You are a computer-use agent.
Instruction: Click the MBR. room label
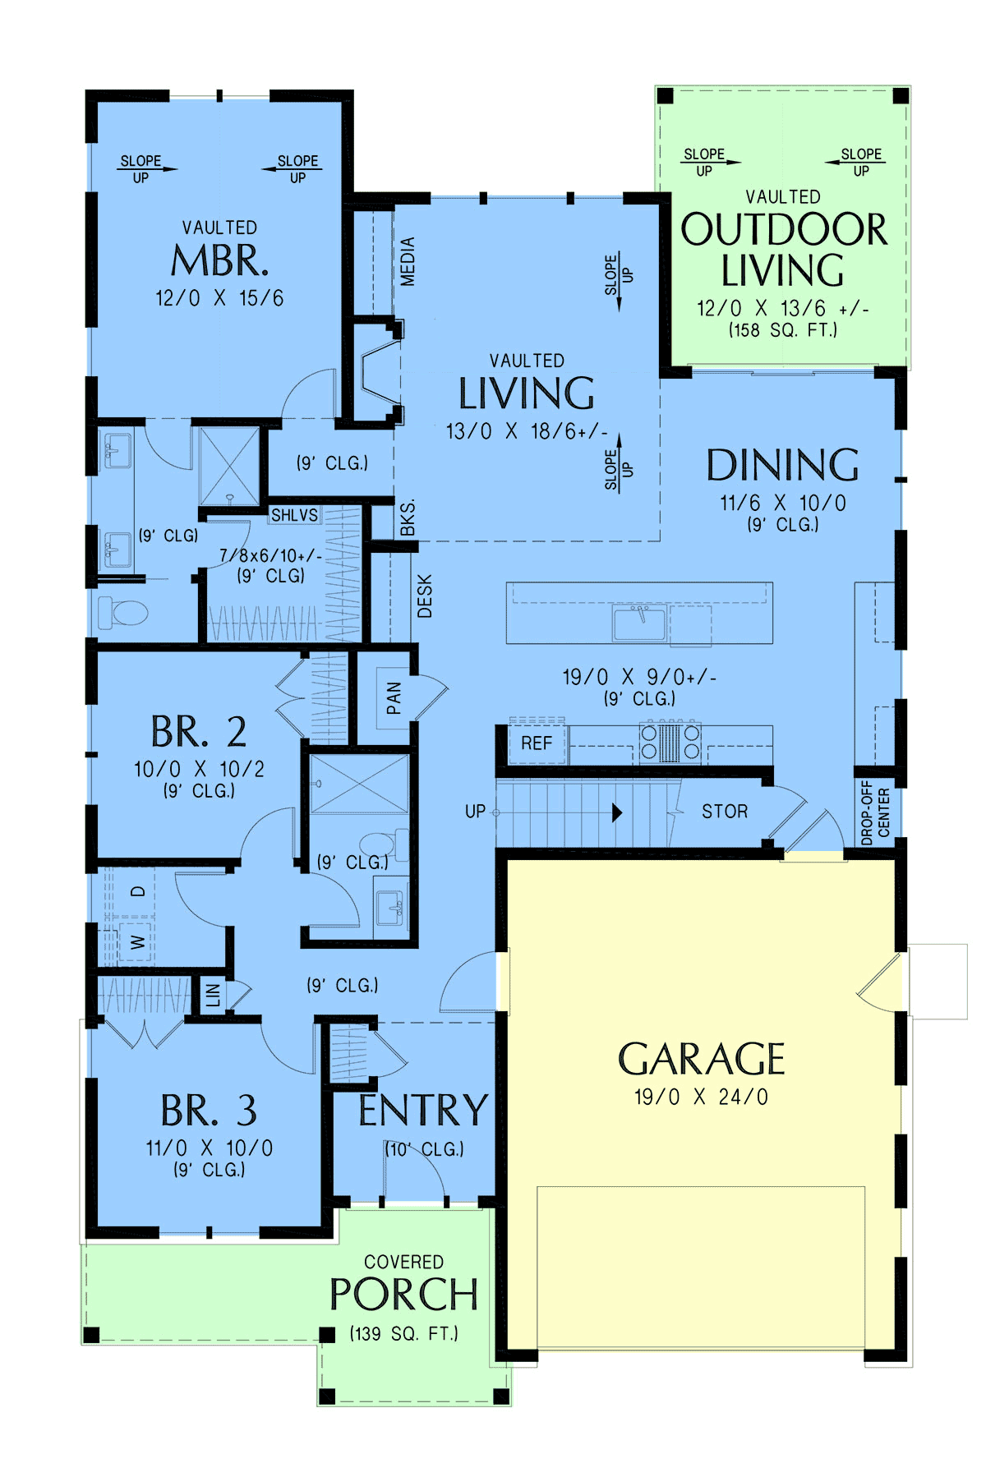[x=219, y=260]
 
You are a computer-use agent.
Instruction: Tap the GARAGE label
[x=701, y=1059]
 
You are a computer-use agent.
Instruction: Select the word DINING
[x=782, y=465]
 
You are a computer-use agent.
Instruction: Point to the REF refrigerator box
[x=537, y=743]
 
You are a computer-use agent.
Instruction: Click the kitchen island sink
[x=639, y=623]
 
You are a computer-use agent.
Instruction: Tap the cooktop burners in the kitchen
[x=670, y=742]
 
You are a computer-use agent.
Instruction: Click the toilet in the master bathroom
[x=123, y=612]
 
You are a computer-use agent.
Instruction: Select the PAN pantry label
[x=394, y=698]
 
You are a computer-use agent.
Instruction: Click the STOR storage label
[x=725, y=812]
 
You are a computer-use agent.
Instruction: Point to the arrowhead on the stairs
[x=617, y=812]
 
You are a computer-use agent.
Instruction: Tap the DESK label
[x=425, y=596]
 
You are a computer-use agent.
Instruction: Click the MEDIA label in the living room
[x=408, y=261]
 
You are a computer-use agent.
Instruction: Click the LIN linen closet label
[x=213, y=995]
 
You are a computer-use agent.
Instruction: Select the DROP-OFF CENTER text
[x=875, y=812]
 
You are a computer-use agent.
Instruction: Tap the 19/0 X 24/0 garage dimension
[x=701, y=1097]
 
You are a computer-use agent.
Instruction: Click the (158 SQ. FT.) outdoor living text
[x=783, y=330]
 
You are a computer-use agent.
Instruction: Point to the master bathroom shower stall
[x=229, y=467]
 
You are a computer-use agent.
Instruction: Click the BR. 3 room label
[x=209, y=1111]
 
